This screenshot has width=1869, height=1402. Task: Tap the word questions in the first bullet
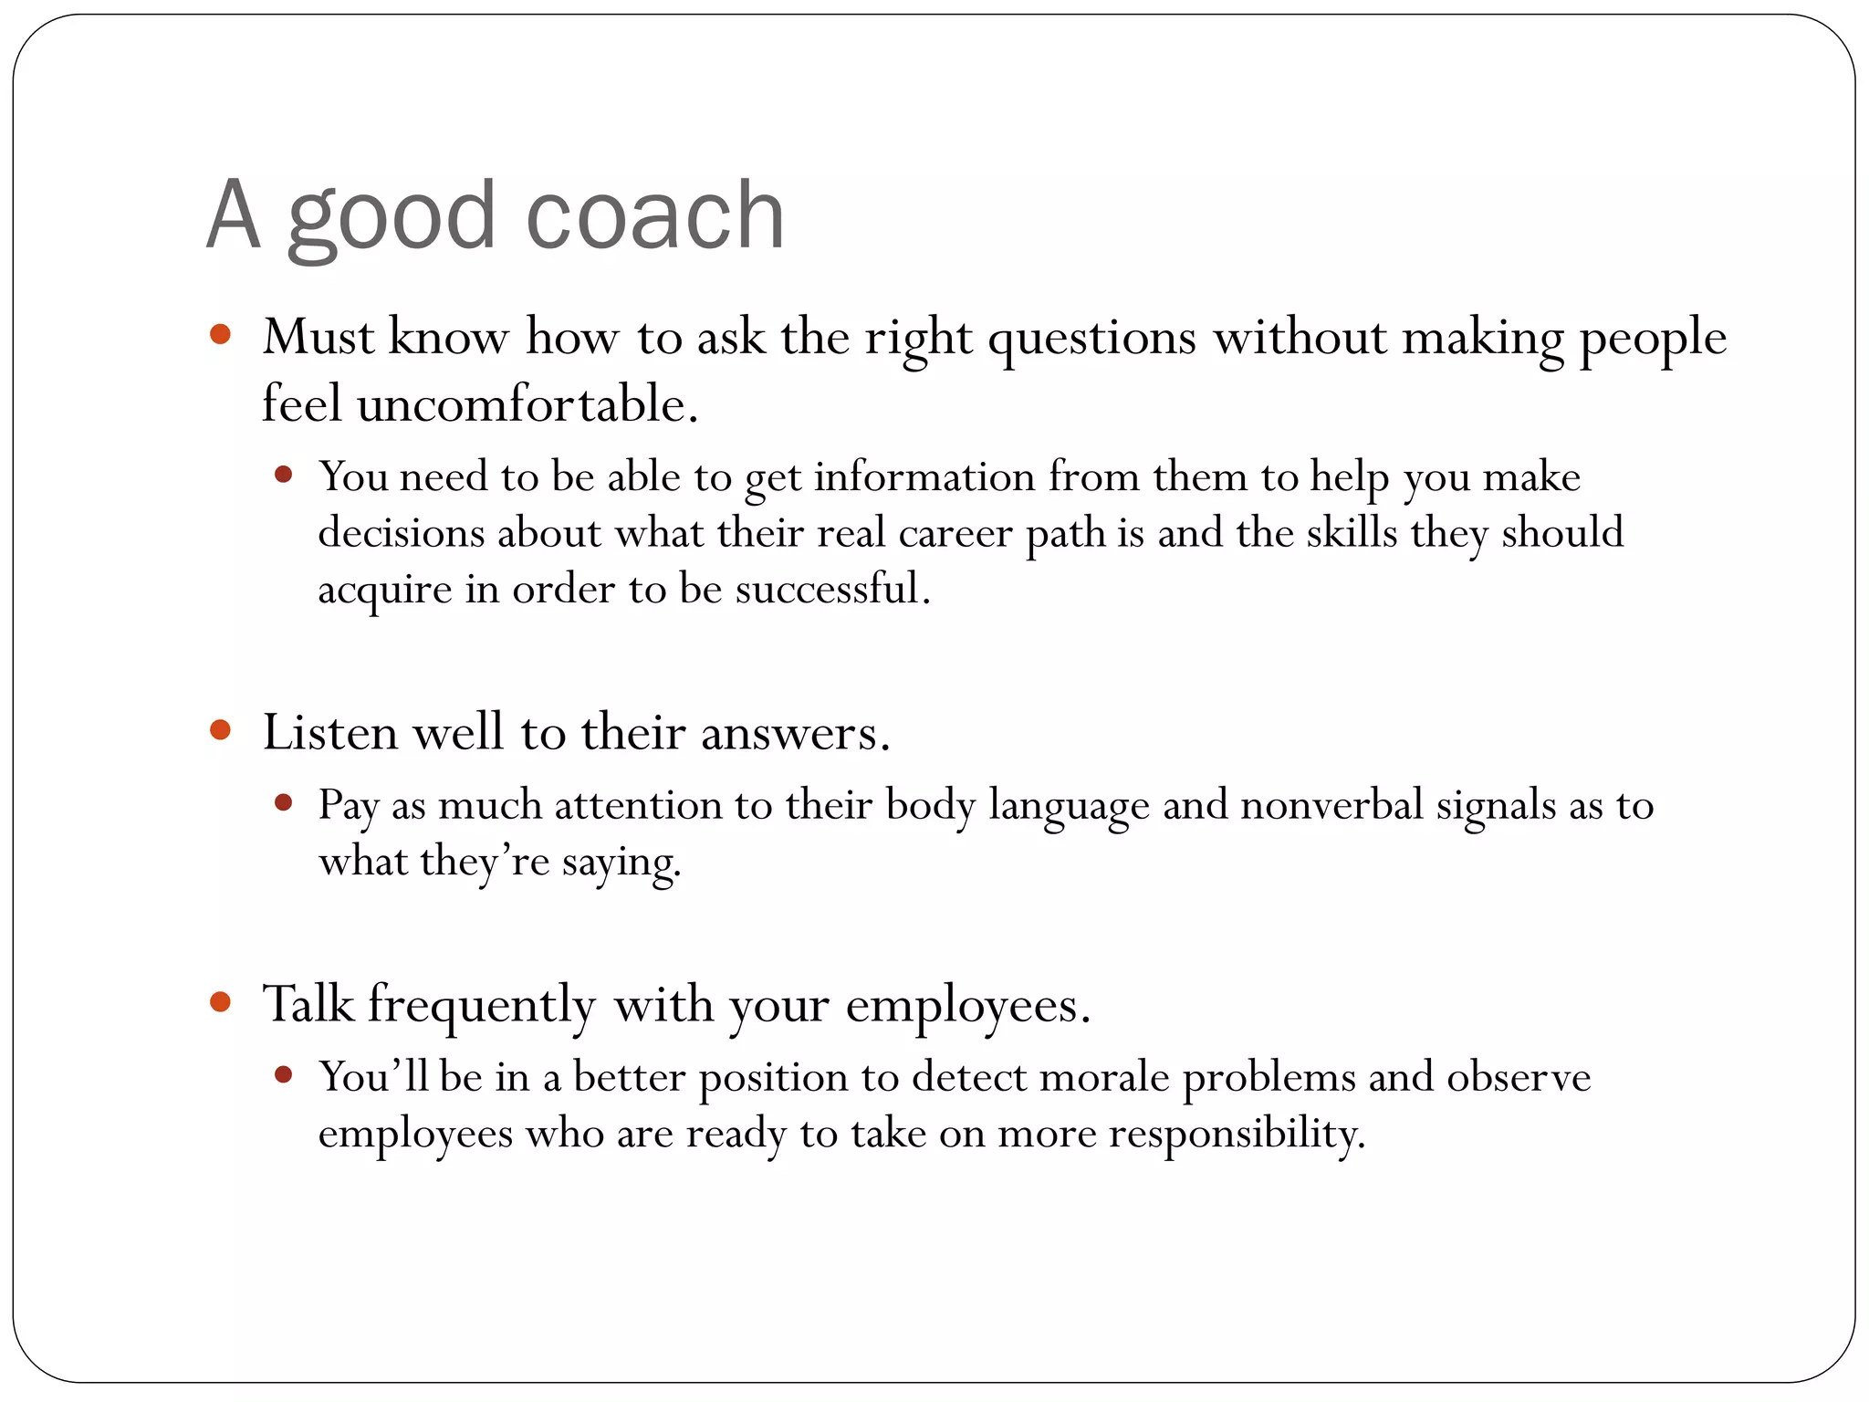pyautogui.click(x=1091, y=339)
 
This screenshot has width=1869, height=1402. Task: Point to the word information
pyautogui.click(x=924, y=476)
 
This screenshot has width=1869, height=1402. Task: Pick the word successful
pyautogui.click(x=832, y=589)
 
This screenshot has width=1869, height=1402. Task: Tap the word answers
pyautogui.click(x=794, y=734)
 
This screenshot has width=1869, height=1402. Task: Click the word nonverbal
pyautogui.click(x=1331, y=805)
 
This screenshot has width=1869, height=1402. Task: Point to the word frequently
pyautogui.click(x=481, y=1006)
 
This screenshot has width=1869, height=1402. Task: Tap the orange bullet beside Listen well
pyautogui.click(x=220, y=730)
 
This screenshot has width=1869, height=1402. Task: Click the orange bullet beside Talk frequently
pyautogui.click(x=220, y=1002)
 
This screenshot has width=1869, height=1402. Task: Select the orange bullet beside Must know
pyautogui.click(x=220, y=334)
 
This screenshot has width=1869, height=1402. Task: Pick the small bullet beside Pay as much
pyautogui.click(x=283, y=802)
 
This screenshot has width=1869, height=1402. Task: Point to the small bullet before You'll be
pyautogui.click(x=283, y=1074)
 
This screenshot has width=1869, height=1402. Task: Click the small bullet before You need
pyautogui.click(x=283, y=474)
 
